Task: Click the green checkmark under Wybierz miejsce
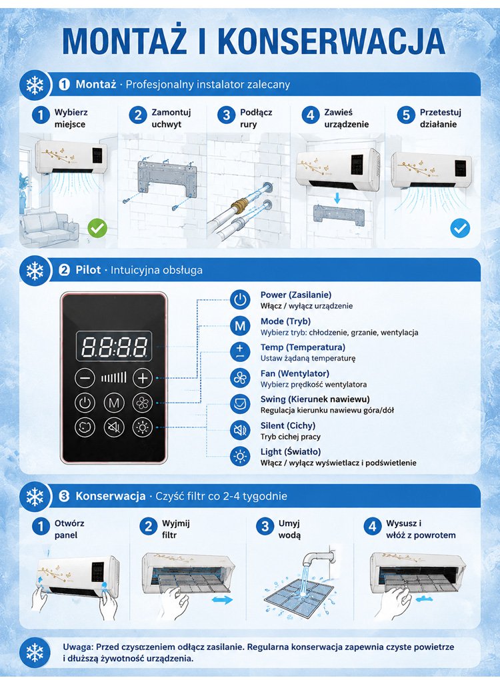97,228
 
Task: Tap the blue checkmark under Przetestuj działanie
460,228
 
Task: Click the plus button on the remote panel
143,378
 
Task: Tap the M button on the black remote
113,403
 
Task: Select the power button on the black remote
85,403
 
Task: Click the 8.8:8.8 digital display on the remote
114,346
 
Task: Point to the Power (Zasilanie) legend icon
240,300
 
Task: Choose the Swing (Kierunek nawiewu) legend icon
240,404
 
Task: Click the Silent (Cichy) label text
288,425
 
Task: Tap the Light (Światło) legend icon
240,457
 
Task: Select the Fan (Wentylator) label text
295,373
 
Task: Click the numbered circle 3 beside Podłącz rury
226,115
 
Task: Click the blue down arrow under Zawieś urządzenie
337,199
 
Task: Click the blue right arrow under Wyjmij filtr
223,600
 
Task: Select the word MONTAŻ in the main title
125,41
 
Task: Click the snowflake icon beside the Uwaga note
35,653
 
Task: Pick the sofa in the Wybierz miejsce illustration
49,227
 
